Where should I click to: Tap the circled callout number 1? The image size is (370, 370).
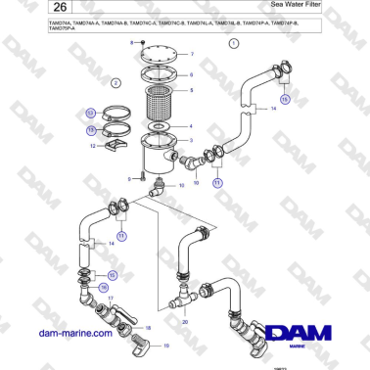[x=233, y=45]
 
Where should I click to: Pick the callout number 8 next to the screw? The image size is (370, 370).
[x=131, y=44]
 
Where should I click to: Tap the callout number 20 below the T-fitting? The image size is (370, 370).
[x=185, y=321]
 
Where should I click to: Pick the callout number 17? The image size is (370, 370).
[x=111, y=298]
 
